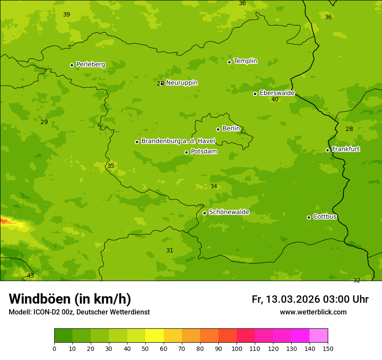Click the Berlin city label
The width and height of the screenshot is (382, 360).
(x=231, y=129)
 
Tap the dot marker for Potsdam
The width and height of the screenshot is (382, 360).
(x=187, y=152)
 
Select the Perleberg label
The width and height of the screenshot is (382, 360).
(x=90, y=65)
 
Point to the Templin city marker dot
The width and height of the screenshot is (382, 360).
(x=229, y=62)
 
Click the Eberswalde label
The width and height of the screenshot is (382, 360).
(x=277, y=93)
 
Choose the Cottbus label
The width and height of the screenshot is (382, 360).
(x=325, y=217)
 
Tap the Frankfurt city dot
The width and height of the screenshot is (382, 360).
(x=327, y=150)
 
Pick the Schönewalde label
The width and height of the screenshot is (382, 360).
(x=229, y=212)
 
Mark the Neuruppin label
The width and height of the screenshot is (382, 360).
(x=181, y=83)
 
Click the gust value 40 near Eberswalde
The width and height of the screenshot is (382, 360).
(x=275, y=100)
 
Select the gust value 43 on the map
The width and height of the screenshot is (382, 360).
(x=30, y=276)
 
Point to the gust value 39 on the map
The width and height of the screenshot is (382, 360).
(x=66, y=15)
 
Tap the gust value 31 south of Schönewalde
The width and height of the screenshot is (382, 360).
(x=170, y=251)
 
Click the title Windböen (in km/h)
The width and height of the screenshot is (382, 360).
(x=70, y=299)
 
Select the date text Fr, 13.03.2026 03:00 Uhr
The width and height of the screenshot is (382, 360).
(x=310, y=299)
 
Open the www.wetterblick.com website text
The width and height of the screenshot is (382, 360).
(x=313, y=312)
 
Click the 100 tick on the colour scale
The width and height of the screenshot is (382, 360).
(x=237, y=348)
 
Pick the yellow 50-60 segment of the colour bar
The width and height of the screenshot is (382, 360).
(x=155, y=336)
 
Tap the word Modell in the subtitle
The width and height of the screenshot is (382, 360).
(x=20, y=312)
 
